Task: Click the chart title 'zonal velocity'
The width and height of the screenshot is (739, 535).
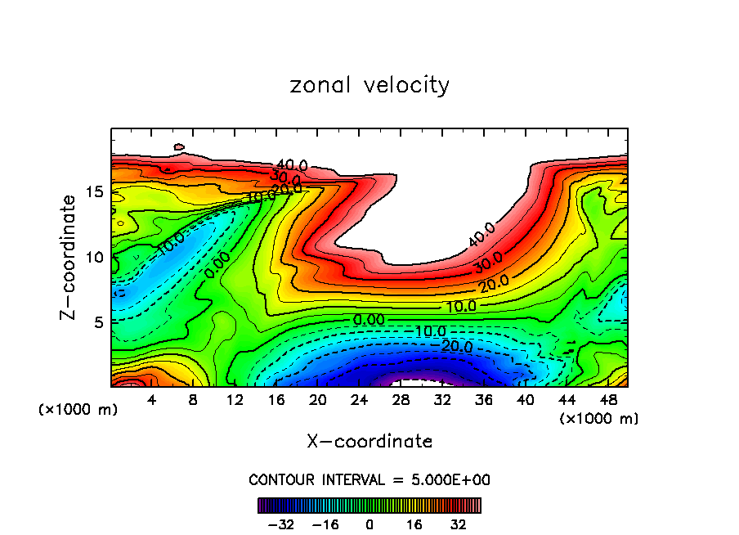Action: (x=369, y=85)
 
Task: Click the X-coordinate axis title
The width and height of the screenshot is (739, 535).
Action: (x=369, y=442)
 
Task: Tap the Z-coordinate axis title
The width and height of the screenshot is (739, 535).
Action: (x=73, y=256)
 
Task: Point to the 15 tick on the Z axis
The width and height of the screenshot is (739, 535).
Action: (x=95, y=191)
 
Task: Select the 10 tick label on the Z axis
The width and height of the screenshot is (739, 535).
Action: (x=95, y=257)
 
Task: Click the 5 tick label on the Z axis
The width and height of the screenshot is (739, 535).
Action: (x=99, y=322)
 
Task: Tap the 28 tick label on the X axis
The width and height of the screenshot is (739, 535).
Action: (x=401, y=401)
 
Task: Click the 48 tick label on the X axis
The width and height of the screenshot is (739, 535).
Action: (x=607, y=401)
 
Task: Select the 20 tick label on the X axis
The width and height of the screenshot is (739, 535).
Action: (x=318, y=401)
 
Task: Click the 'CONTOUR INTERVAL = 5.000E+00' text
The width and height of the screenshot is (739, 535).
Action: (x=369, y=479)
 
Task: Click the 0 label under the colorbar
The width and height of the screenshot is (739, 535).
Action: (x=369, y=524)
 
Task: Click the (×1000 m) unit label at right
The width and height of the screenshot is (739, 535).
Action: (x=599, y=419)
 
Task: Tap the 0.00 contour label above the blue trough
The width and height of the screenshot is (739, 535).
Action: (x=369, y=319)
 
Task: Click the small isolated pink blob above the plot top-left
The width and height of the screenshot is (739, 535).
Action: (x=180, y=148)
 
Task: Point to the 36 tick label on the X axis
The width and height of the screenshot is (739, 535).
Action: (x=483, y=401)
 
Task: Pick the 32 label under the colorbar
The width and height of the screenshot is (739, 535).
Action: (x=458, y=524)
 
